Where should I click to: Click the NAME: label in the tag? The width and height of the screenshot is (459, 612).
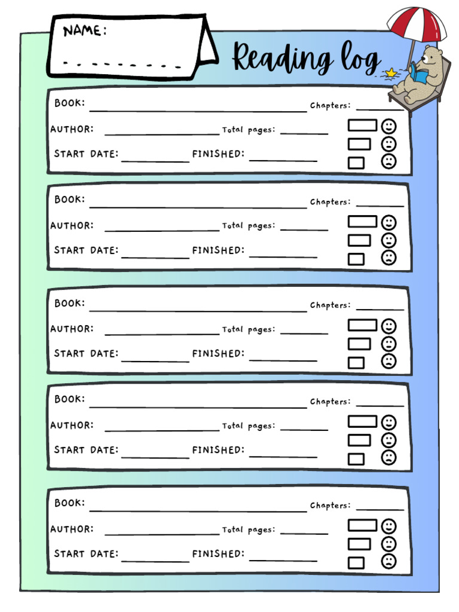coord(85,30)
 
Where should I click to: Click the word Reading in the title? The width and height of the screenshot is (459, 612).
coord(282,59)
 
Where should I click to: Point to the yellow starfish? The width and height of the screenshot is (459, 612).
coord(391,73)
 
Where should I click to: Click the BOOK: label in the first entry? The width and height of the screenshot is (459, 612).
coord(70,103)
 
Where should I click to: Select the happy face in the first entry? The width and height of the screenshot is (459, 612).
coord(388,126)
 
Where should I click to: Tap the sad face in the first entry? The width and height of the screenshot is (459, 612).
coord(388,161)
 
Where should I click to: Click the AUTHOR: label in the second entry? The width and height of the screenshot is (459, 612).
coord(72,225)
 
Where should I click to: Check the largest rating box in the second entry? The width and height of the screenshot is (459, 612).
coord(362,222)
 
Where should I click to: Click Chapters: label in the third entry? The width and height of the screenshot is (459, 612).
coord(330,305)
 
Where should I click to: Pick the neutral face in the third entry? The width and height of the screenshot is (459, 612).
coord(388,344)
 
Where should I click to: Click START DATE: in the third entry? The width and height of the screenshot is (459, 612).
coord(86,353)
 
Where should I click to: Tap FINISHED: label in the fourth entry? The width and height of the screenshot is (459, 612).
coord(218,449)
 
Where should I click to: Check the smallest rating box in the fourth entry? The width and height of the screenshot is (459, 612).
coord(356,459)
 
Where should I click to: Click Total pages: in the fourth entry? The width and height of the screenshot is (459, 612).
coord(249,426)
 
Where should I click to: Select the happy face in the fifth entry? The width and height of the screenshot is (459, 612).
coord(388,527)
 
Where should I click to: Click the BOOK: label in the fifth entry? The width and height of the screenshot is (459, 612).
coord(70,503)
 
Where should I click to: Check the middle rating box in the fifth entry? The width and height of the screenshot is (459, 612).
coord(359,544)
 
